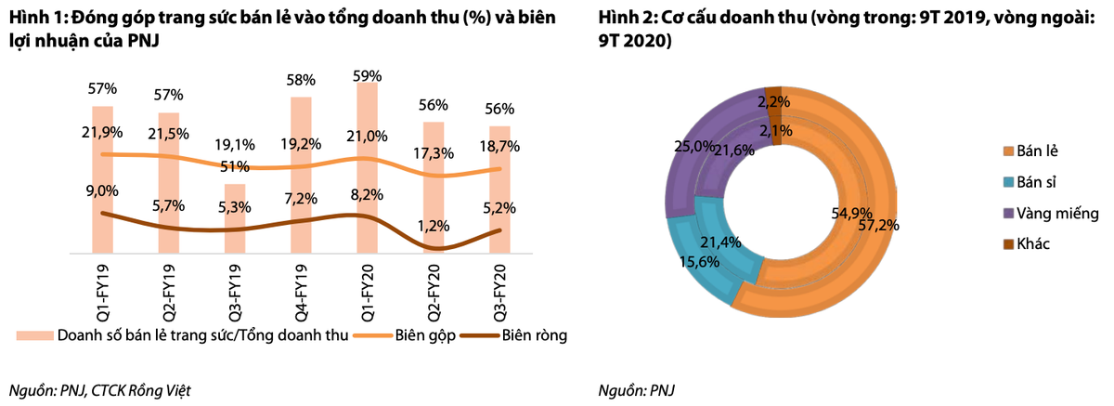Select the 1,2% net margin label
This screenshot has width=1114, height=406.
[434, 225]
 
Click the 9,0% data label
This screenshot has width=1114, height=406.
[102, 190]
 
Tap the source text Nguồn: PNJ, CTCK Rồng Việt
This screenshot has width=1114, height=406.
[105, 389]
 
